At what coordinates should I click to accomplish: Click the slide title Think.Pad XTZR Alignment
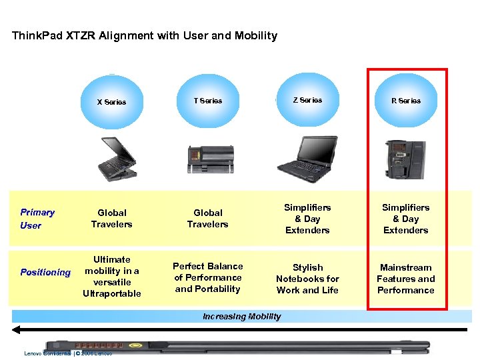click(145, 36)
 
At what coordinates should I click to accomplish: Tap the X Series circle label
click(111, 102)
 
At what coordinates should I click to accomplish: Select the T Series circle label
click(207, 101)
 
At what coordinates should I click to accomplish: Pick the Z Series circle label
click(307, 100)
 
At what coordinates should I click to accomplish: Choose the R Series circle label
click(406, 101)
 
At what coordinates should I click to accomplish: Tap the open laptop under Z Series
click(307, 157)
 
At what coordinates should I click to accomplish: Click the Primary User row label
click(37, 219)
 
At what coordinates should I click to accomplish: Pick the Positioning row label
click(45, 272)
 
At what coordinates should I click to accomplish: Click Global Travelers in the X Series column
click(111, 219)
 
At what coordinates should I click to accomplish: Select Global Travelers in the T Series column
click(207, 219)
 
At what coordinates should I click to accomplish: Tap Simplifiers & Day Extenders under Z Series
click(307, 219)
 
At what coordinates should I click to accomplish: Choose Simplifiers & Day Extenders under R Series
click(405, 219)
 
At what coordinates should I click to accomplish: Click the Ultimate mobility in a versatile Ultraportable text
click(111, 276)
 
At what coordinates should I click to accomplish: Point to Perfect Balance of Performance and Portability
click(207, 277)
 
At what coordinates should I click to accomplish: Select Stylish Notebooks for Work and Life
click(307, 279)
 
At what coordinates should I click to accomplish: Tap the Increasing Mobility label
click(241, 317)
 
